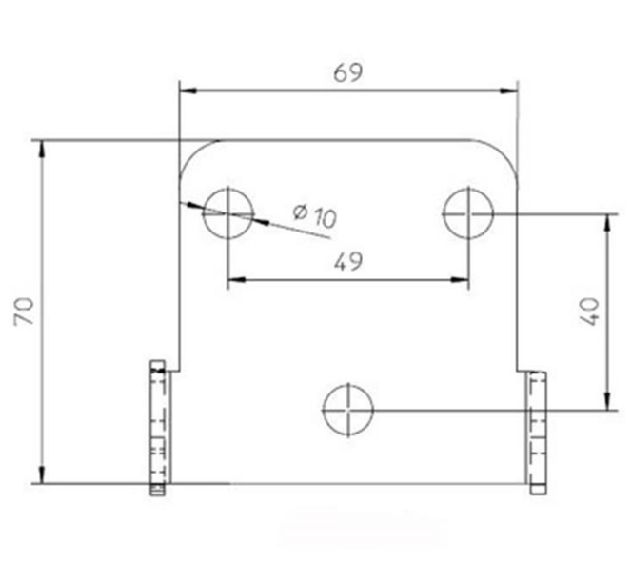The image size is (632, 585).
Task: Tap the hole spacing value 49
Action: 348,262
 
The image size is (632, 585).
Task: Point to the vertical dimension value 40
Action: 587,312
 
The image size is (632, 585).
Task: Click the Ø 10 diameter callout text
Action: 315,215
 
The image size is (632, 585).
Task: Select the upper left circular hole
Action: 227,212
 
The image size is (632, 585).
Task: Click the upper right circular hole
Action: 469,212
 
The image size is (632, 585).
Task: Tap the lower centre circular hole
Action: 348,411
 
